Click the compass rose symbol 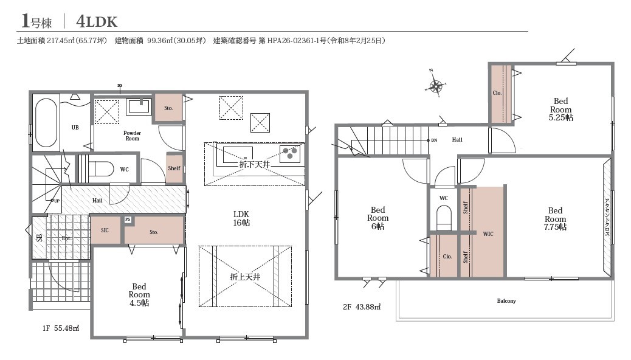pyautogui.click(x=436, y=85)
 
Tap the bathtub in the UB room pyautogui.click(x=46, y=123)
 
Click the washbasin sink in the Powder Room pyautogui.click(x=139, y=106)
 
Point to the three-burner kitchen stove pyautogui.click(x=291, y=154)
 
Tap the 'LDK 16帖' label pyautogui.click(x=241, y=218)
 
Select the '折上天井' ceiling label pyautogui.click(x=245, y=277)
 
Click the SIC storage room pyautogui.click(x=105, y=230)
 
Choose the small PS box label pyautogui.click(x=128, y=220)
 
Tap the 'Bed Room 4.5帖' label pyautogui.click(x=139, y=295)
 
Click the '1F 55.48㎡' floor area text pyautogui.click(x=61, y=328)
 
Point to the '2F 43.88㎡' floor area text pyautogui.click(x=362, y=307)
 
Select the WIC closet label pyautogui.click(x=488, y=234)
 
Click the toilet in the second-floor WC pyautogui.click(x=444, y=218)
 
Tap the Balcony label pyautogui.click(x=506, y=301)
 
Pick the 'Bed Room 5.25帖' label pyautogui.click(x=561, y=109)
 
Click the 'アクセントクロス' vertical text pyautogui.click(x=607, y=218)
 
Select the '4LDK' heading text pyautogui.click(x=97, y=22)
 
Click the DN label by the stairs pyautogui.click(x=434, y=140)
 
